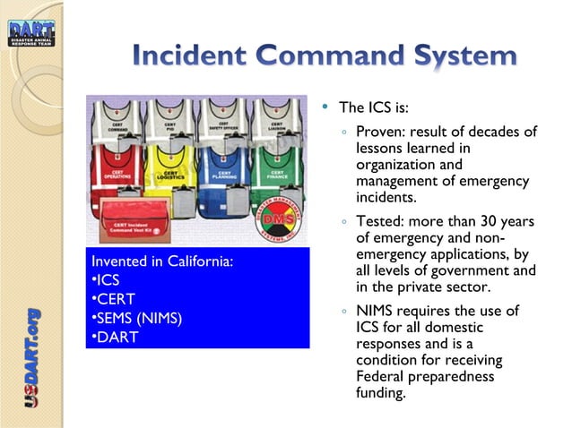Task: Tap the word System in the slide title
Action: [x=459, y=56]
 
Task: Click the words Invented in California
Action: [x=162, y=261]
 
